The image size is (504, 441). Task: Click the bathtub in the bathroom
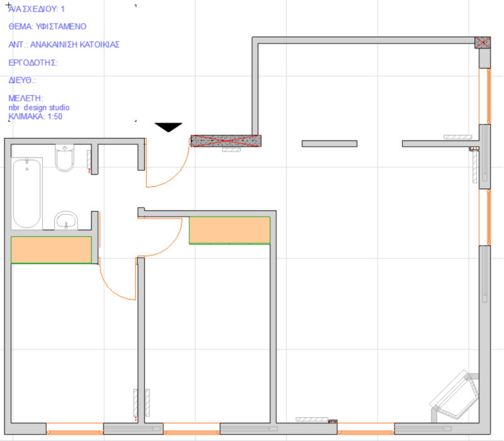26,193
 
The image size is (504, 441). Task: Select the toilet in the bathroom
65,157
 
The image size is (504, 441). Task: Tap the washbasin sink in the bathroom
66,220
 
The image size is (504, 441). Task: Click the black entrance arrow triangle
168,127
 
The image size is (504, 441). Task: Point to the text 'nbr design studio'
39,107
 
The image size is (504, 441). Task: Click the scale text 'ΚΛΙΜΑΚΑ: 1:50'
35,117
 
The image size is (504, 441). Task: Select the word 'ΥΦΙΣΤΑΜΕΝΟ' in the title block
61,26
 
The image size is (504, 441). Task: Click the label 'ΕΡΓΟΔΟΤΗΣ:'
33,62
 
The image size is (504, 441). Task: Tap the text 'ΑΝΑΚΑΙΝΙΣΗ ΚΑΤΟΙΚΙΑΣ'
75,44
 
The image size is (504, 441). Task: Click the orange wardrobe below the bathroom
52,250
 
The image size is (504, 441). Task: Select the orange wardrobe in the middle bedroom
229,230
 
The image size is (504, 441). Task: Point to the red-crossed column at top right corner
483,42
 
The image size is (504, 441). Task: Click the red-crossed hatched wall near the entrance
226,140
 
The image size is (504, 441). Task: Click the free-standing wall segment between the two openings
329,144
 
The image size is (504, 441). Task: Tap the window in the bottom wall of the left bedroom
75,429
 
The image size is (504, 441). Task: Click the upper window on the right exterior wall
484,96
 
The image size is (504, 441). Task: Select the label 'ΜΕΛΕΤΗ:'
26,98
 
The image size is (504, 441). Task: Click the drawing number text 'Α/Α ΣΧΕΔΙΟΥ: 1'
37,9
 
